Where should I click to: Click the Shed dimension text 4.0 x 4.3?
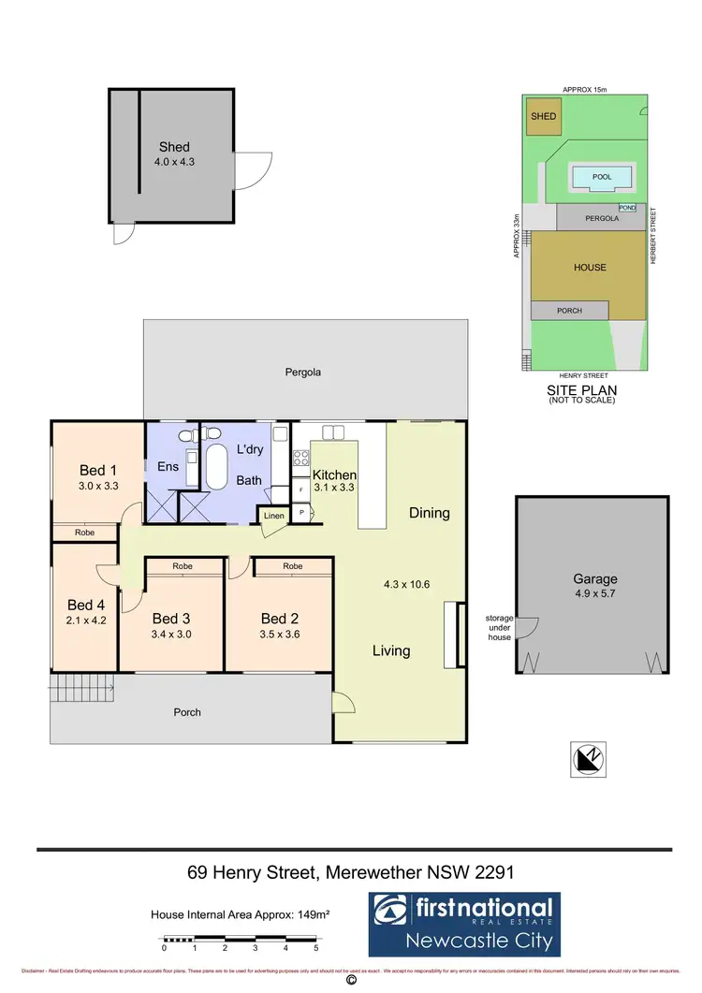click(174, 162)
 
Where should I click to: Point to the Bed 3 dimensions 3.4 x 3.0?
click(172, 634)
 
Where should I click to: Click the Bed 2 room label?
click(280, 618)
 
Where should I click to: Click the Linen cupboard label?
click(273, 516)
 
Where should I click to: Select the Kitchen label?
click(334, 475)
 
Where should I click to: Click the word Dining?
click(429, 513)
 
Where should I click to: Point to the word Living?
click(390, 650)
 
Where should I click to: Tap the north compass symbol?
click(587, 757)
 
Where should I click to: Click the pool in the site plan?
click(601, 176)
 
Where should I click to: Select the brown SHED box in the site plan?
click(543, 117)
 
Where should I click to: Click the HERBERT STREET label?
click(653, 235)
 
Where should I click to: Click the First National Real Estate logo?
click(463, 923)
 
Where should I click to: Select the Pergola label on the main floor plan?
click(303, 372)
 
